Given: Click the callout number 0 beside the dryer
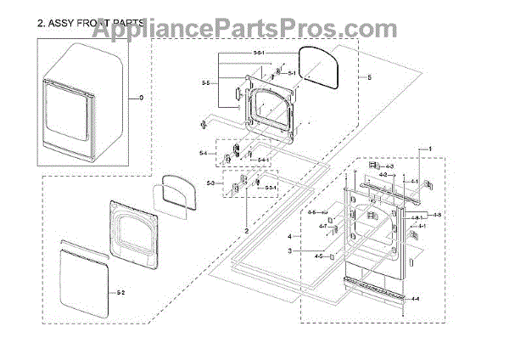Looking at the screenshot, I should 142,98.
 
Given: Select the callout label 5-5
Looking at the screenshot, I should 205,83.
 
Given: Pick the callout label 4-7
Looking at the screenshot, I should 323,227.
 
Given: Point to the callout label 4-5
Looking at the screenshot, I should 318,256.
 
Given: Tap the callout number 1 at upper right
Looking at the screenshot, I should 429,149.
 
